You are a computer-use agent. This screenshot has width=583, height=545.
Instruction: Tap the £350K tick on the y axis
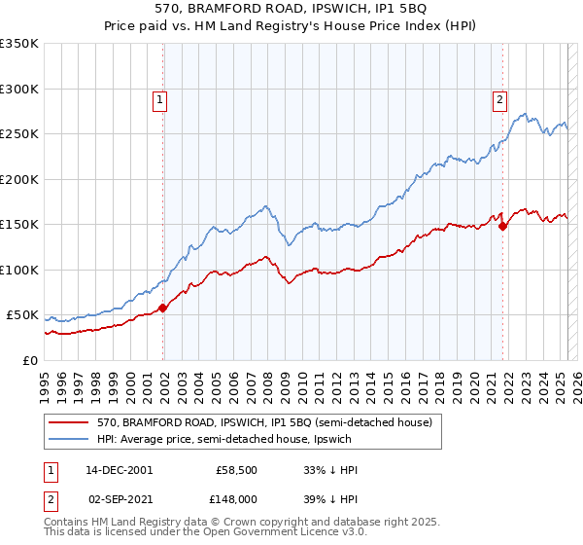point(19,44)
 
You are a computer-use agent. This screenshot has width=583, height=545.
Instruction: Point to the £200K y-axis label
point(19,179)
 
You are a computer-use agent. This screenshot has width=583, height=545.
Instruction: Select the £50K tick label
point(22,315)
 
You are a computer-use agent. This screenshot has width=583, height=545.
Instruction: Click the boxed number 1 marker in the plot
point(158,98)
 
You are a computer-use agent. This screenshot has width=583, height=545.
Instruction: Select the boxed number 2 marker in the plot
point(499,98)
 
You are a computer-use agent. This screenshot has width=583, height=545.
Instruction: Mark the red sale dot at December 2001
point(163,308)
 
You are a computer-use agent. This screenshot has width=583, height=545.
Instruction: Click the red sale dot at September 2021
point(502,227)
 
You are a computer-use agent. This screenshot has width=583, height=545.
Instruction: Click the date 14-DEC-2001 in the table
point(119,470)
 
